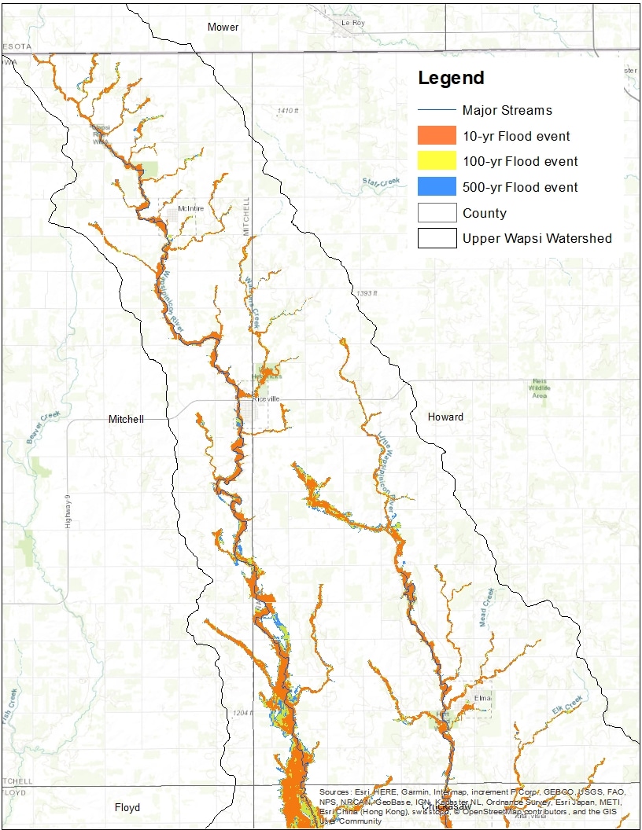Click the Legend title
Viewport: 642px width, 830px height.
[x=451, y=79]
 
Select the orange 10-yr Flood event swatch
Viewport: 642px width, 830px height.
[x=437, y=136]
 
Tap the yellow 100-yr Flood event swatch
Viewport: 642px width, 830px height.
[x=437, y=161]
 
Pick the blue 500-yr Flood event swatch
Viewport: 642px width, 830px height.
[x=437, y=187]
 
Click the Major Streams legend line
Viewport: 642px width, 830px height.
[x=437, y=110]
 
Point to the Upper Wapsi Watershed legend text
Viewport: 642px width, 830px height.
[x=537, y=238]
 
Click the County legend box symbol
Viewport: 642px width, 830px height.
[x=437, y=213]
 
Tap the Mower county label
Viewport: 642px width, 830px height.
[x=223, y=28]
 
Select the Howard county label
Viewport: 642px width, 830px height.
[x=445, y=417]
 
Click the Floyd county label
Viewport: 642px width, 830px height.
[x=127, y=807]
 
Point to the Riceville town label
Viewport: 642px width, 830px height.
[x=265, y=399]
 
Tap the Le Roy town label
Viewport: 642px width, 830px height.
[x=353, y=23]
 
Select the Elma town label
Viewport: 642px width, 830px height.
[x=482, y=697]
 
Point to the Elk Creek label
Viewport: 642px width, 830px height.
[x=568, y=703]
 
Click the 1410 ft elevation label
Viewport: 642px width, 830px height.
[x=289, y=111]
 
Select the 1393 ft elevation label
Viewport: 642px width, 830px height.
[x=367, y=293]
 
